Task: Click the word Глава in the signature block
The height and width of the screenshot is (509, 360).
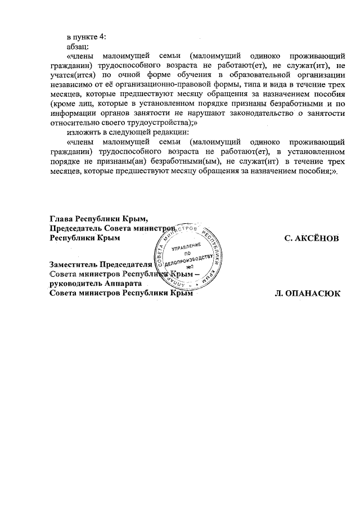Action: point(61,219)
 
